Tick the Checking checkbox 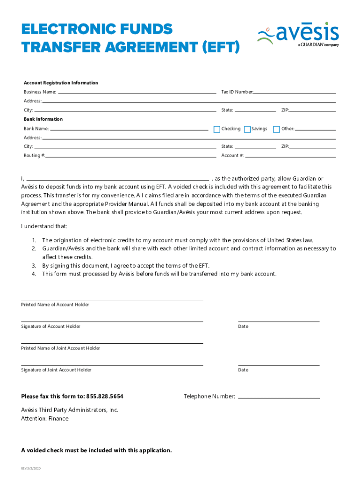click(216, 130)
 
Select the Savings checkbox click(247, 130)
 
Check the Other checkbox click(276, 130)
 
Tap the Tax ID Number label click(237, 92)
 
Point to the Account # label click(232, 156)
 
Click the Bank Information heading click(43, 119)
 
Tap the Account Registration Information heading click(61, 83)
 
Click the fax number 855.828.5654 click(105, 397)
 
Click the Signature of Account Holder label click(50, 327)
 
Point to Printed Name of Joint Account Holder click(60, 348)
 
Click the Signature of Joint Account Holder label click(56, 370)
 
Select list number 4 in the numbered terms click(34, 274)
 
